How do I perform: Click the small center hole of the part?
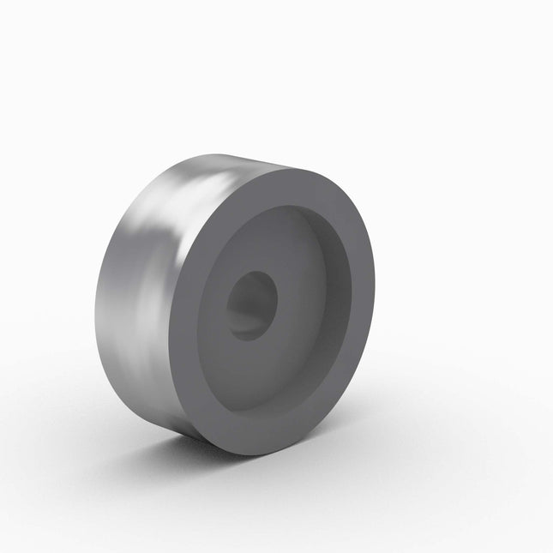[252, 305]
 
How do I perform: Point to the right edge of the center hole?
[278, 300]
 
